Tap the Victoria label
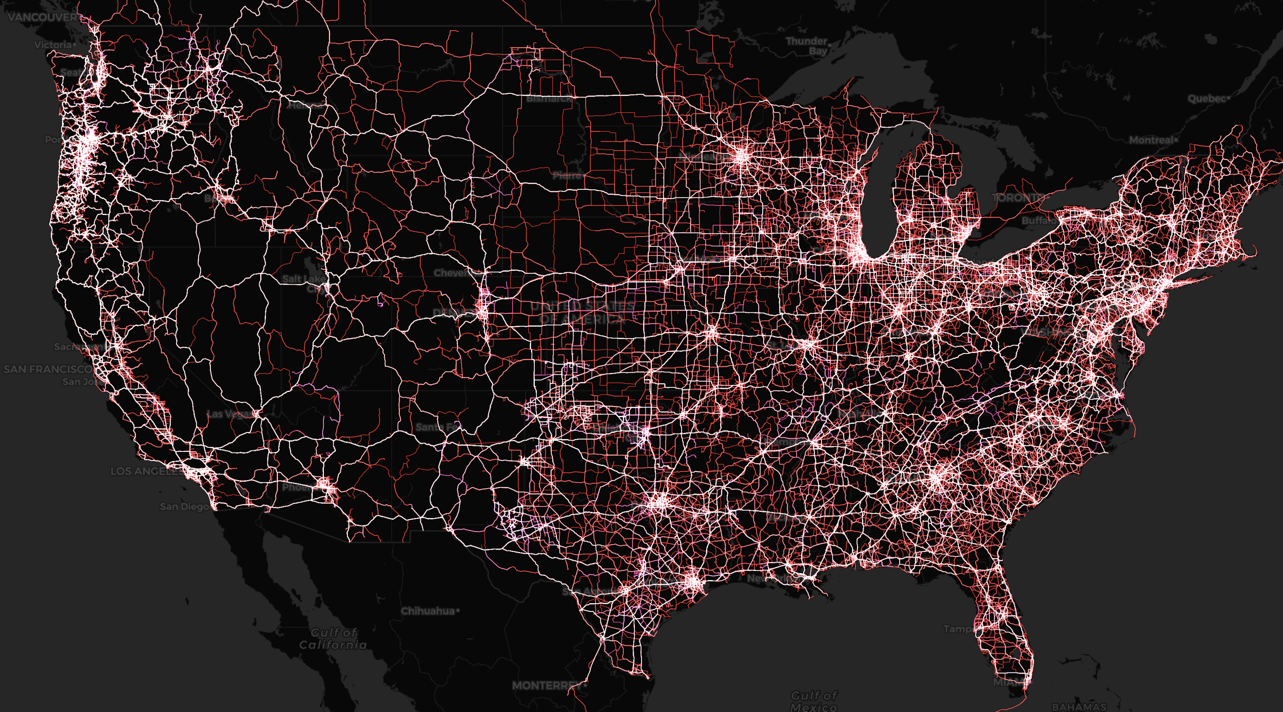53,45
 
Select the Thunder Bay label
806,46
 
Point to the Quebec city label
1207,98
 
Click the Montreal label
1151,140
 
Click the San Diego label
184,506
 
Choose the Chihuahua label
427,611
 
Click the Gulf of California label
334,639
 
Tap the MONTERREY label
547,685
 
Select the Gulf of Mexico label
813,701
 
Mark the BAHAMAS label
1079,707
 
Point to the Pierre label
568,175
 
